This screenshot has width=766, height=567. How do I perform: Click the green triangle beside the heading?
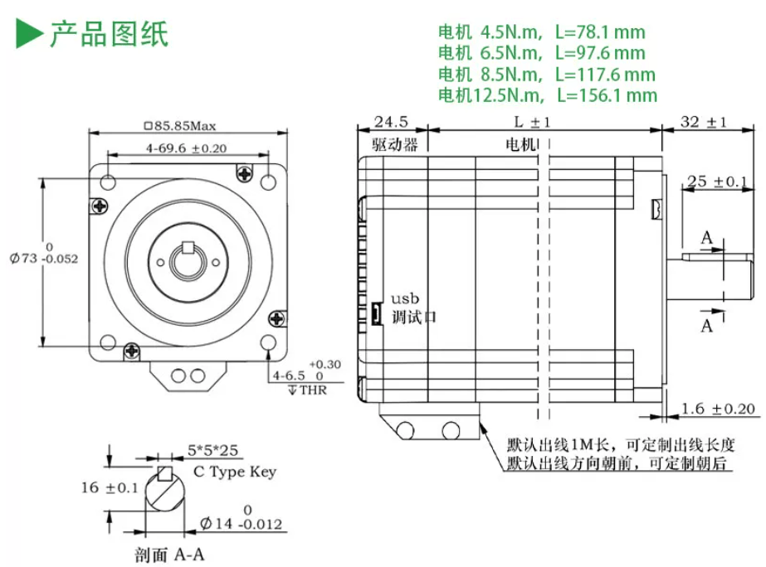pos(28,33)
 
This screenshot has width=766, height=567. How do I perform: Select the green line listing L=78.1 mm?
pos(541,32)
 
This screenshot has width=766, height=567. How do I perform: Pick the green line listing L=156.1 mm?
pos(547,95)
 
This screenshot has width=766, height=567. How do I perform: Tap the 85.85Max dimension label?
pos(180,126)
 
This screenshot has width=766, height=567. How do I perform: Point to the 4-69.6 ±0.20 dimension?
pos(186,148)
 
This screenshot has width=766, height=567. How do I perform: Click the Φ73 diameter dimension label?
pos(44,254)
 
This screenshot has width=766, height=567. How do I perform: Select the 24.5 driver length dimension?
pos(391,122)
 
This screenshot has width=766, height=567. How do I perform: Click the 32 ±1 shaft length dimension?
pos(704,122)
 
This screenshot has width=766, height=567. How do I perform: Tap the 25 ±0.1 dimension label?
pos(717,182)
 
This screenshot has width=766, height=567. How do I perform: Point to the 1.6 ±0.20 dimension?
pos(718,409)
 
